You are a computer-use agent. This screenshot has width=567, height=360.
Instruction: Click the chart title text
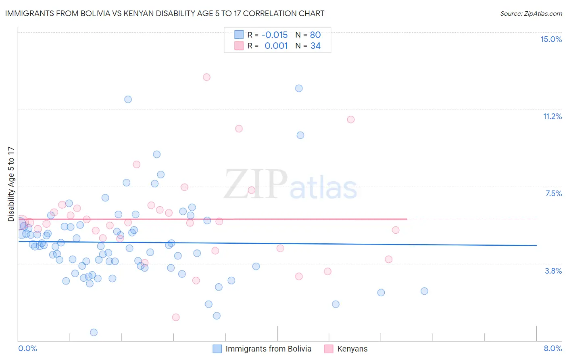(165, 14)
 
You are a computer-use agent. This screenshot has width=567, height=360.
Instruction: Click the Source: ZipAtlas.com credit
(531, 14)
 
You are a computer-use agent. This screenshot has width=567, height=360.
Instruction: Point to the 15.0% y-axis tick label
(551, 39)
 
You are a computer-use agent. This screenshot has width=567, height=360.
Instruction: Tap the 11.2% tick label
(552, 117)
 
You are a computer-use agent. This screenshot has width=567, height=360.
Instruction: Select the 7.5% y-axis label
(553, 194)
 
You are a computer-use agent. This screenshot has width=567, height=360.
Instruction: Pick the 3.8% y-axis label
(553, 271)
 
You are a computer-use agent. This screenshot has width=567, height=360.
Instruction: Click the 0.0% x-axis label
(28, 348)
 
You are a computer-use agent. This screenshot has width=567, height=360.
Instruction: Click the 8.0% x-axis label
(552, 348)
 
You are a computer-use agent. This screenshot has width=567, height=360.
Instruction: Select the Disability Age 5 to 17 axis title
(11, 184)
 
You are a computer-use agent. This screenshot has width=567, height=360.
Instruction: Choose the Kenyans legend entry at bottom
(352, 349)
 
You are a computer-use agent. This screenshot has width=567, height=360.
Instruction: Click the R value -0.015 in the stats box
(275, 35)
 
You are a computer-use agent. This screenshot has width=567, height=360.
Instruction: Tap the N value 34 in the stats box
(315, 46)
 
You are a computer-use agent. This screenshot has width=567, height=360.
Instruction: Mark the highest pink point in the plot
(206, 77)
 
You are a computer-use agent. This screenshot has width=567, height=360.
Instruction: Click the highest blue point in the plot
(299, 88)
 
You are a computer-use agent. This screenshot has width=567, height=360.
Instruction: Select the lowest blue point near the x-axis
(94, 333)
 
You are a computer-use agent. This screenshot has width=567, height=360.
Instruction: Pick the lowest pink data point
(176, 317)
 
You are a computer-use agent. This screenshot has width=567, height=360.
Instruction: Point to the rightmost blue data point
(424, 291)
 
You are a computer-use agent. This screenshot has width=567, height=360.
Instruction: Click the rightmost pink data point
(396, 230)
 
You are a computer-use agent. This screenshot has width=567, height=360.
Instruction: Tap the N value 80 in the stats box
(315, 35)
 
